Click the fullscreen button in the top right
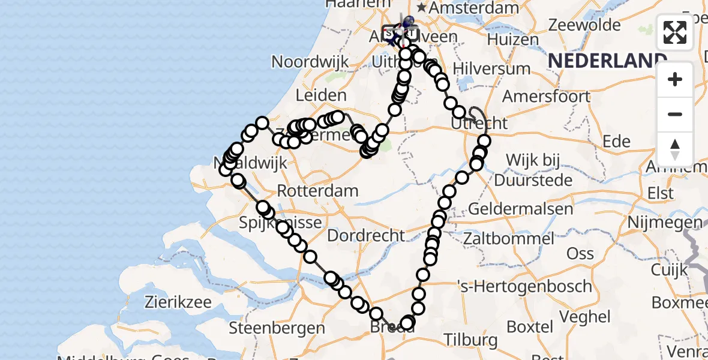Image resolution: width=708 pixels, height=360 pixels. pos(675,32)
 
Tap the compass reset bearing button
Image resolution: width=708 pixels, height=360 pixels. pos(675,149)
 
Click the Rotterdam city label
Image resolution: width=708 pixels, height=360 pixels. pos(317,191)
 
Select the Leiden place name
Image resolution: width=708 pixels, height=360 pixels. pos(322,95)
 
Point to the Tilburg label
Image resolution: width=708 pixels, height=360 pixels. pos(470,340)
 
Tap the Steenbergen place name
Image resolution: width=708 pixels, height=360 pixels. pos(277,328)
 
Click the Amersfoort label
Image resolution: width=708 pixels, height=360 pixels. pos(546,96)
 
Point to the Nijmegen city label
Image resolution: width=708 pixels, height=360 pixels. pos(664,223)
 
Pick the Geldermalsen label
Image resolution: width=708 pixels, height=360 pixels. pos(520,209)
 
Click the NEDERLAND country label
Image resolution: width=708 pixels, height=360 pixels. pos(607,60)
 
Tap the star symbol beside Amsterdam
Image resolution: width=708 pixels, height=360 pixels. pos(422,8)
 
